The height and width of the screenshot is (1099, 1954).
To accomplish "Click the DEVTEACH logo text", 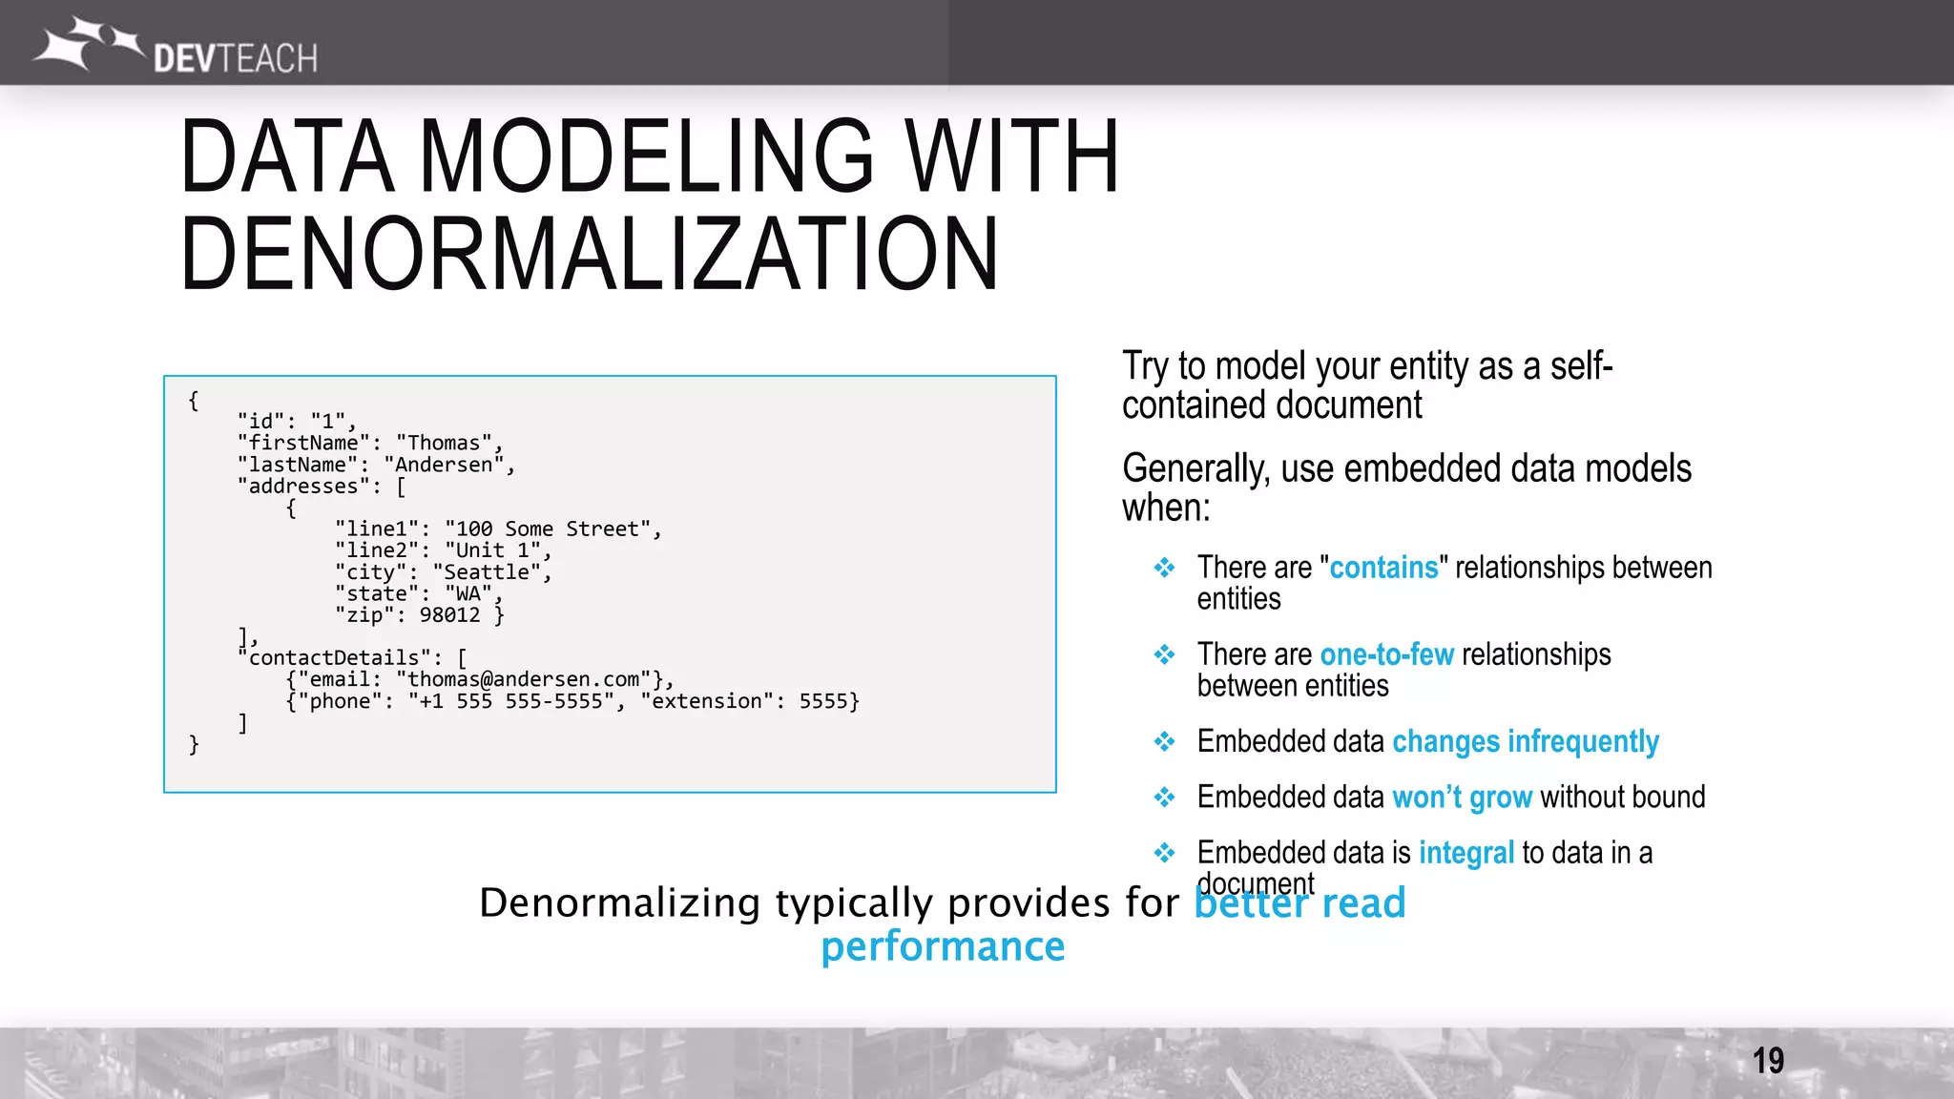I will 235,59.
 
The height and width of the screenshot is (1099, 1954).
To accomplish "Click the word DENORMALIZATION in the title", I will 589,254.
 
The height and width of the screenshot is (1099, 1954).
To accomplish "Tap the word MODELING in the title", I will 646,156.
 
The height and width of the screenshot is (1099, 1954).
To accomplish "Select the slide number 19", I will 1767,1061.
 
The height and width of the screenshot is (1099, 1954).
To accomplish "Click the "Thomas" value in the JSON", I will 444,443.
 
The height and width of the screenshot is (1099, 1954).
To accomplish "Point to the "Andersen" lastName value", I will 444,465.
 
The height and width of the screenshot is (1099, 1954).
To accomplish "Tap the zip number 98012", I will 449,615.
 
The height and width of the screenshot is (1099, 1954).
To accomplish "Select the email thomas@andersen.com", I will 523,679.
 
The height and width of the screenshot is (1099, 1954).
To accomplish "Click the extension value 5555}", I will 828,701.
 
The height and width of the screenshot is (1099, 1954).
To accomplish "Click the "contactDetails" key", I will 334,658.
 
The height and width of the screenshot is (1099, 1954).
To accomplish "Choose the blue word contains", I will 1382,568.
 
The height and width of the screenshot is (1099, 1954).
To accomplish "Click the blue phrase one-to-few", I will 1386,654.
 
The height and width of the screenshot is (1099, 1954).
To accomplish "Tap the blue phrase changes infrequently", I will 1525,741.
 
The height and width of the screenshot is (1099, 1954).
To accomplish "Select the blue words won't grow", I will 1462,797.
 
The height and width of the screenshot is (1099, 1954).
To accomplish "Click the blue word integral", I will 1465,852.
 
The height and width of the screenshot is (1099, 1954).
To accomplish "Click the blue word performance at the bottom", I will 943,946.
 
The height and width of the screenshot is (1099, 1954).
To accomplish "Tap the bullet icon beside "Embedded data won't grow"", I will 1164,797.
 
